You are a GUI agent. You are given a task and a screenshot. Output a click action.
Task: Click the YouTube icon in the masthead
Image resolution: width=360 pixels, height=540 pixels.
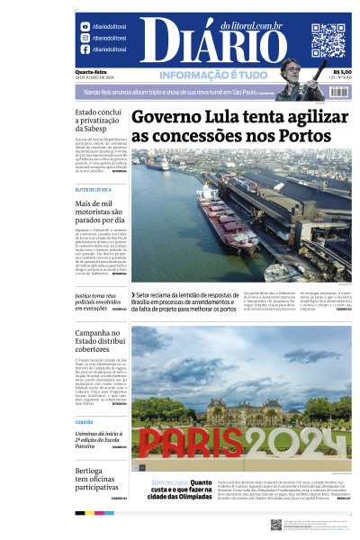click(85, 27)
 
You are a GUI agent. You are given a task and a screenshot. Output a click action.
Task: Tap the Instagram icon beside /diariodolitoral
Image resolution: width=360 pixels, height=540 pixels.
click(85, 39)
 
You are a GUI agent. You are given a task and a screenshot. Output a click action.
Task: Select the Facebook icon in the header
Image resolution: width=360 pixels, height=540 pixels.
click(85, 49)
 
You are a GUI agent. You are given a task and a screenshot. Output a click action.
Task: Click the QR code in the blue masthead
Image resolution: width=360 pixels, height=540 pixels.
click(328, 40)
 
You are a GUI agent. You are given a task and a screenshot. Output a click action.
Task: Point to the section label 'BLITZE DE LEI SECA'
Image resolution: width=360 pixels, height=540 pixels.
click(94, 190)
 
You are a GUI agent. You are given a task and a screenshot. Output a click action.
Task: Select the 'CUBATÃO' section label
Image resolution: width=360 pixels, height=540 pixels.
click(84, 421)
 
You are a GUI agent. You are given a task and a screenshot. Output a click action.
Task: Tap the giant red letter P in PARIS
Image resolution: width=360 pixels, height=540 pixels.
click(152, 443)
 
